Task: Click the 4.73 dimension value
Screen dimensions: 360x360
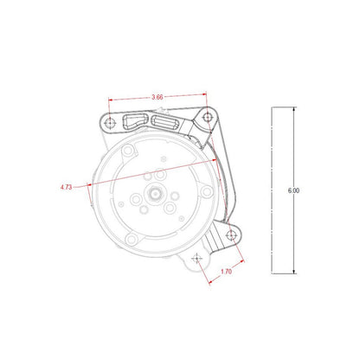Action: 67,185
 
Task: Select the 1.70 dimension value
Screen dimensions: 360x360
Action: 227,271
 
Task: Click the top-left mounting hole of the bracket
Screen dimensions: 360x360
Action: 108,122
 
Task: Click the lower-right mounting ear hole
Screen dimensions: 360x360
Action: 231,234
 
